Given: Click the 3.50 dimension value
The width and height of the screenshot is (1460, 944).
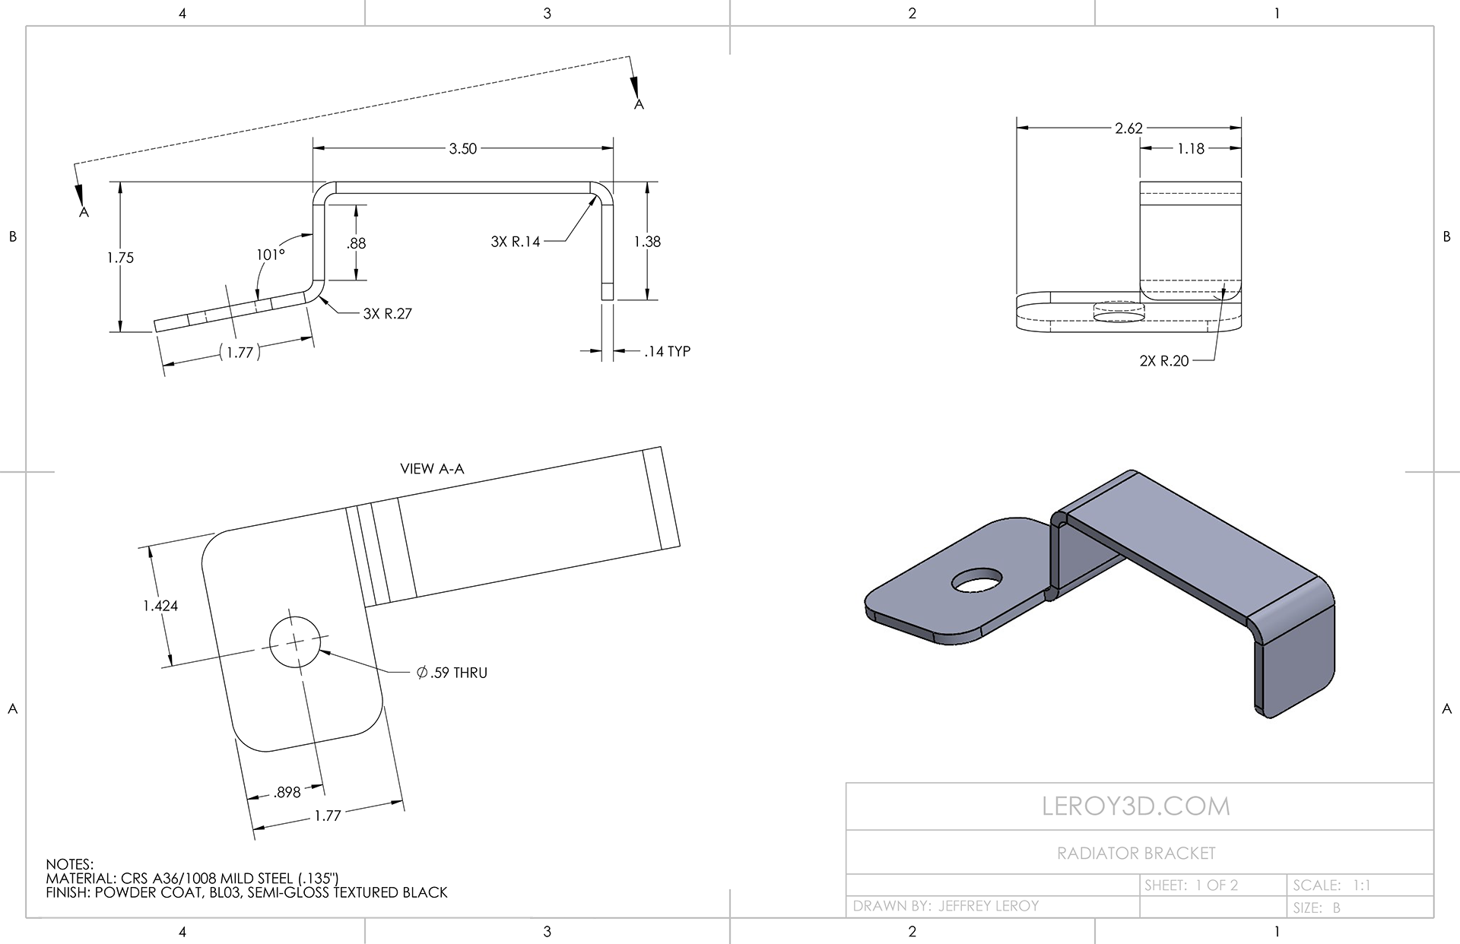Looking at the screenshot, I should pyautogui.click(x=462, y=149).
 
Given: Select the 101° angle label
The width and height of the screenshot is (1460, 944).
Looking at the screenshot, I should pyautogui.click(x=271, y=255).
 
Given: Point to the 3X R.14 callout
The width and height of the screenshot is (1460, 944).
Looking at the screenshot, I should pyautogui.click(x=516, y=242).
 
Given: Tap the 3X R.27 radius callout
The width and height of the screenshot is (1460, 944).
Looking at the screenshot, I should pyautogui.click(x=387, y=313).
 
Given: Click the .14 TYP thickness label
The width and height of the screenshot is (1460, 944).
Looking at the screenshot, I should pyautogui.click(x=667, y=351).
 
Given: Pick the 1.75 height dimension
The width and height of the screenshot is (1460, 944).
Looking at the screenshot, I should pyautogui.click(x=120, y=258).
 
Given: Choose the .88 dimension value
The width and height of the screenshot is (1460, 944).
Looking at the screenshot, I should pyautogui.click(x=356, y=243).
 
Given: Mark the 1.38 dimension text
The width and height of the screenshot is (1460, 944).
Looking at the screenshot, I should pyautogui.click(x=647, y=242).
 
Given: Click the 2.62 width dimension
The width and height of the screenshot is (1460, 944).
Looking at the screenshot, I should pyautogui.click(x=1128, y=128).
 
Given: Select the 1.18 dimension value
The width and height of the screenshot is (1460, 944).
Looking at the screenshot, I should pyautogui.click(x=1191, y=149).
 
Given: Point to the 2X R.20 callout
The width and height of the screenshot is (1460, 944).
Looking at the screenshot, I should pyautogui.click(x=1163, y=361).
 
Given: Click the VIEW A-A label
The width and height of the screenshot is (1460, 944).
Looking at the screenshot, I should pyautogui.click(x=432, y=469).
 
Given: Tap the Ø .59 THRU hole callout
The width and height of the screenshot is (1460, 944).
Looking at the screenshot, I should pyautogui.click(x=452, y=673).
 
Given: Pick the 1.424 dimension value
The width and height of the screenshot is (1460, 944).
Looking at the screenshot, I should pyautogui.click(x=160, y=606).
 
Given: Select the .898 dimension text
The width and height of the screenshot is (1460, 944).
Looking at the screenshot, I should pyautogui.click(x=287, y=792).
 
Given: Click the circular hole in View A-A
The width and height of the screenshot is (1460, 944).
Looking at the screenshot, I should pyautogui.click(x=294, y=642).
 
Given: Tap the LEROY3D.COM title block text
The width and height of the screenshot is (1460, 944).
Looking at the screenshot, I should pyautogui.click(x=1135, y=806).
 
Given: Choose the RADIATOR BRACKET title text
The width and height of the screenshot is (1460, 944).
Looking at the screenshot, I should pyautogui.click(x=1136, y=854).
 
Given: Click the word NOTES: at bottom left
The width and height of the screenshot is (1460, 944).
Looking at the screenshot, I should pyautogui.click(x=69, y=864).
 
